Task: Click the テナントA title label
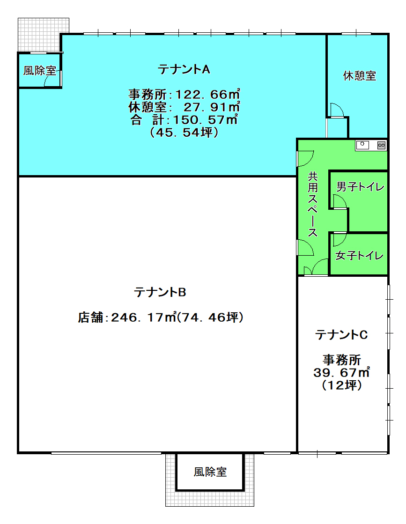184,69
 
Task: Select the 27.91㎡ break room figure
212,107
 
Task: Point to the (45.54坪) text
184,133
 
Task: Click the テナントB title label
160,292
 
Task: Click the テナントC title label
341,334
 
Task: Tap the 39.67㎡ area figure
341,372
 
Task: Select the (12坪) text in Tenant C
342,385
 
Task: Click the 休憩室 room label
360,76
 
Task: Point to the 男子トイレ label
360,186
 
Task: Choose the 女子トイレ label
360,255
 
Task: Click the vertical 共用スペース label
312,205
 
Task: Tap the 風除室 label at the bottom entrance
210,472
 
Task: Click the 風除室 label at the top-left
39,71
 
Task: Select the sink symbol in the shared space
362,145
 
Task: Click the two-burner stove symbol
381,145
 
